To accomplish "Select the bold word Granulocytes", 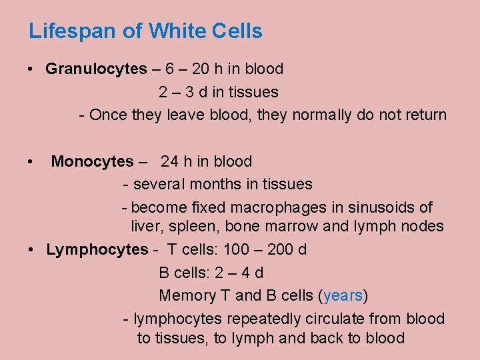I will [x=96, y=69].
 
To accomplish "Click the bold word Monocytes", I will [x=92, y=161].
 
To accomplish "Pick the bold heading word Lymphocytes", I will [x=97, y=249].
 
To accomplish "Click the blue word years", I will [x=343, y=295].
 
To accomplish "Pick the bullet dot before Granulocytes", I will [x=32, y=69].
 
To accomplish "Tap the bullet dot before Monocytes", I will [x=32, y=162].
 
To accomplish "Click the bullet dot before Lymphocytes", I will [x=32, y=250].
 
